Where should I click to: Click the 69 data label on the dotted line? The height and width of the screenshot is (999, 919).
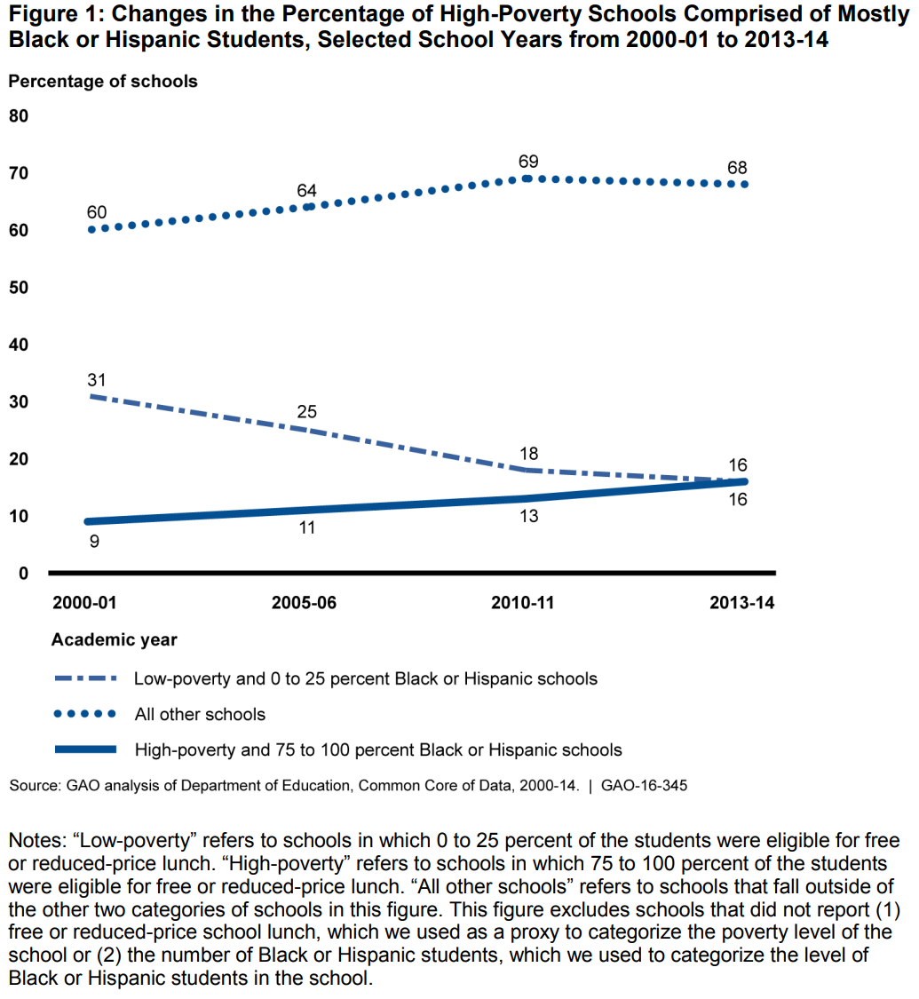[x=529, y=161]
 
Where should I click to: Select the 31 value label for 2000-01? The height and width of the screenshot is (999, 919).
[x=97, y=379]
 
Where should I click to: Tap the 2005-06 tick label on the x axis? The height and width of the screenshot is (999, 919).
[x=305, y=603]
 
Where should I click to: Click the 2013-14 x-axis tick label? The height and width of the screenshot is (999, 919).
[x=742, y=603]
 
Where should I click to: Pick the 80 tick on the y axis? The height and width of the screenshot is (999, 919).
[x=20, y=116]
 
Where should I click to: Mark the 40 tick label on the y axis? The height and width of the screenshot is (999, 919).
[x=20, y=345]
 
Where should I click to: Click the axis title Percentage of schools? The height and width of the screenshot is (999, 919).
[x=103, y=81]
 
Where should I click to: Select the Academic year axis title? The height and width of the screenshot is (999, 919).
[x=115, y=639]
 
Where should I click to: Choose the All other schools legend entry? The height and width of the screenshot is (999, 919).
[x=200, y=714]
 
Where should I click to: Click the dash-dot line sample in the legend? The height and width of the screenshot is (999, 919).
[x=86, y=678]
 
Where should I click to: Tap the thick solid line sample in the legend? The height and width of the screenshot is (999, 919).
[x=86, y=749]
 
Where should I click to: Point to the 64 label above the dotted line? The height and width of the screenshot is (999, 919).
[x=307, y=190]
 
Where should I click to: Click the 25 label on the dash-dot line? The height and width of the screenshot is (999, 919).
[x=307, y=412]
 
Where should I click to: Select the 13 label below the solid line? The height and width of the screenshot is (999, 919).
[x=528, y=515]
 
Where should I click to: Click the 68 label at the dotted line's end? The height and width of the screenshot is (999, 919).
[x=737, y=167]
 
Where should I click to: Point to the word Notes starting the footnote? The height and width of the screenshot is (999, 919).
[x=35, y=841]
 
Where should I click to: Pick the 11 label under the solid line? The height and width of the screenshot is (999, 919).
[x=307, y=528]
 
